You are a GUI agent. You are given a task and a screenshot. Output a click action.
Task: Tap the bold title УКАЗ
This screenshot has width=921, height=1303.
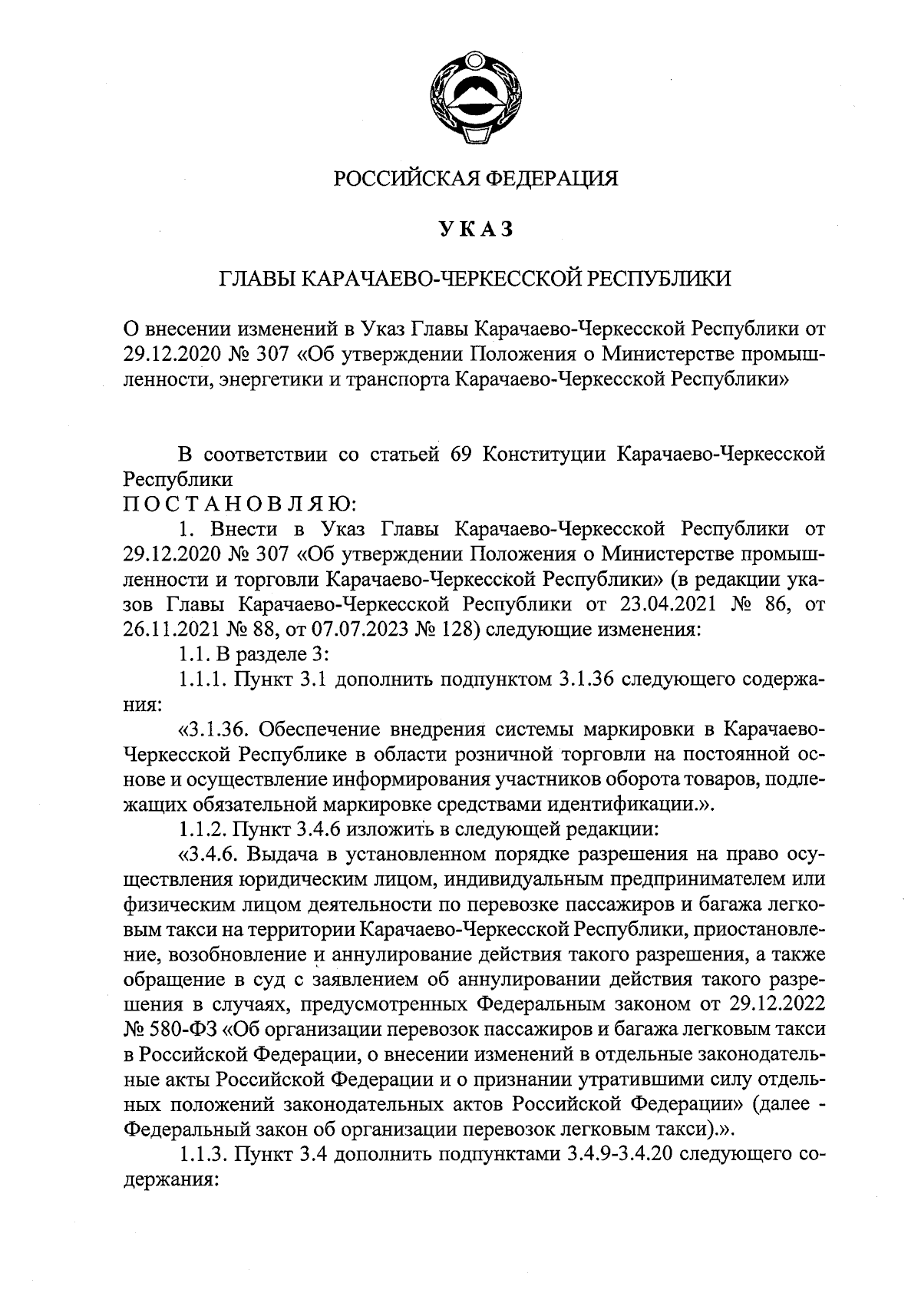[x=475, y=229]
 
